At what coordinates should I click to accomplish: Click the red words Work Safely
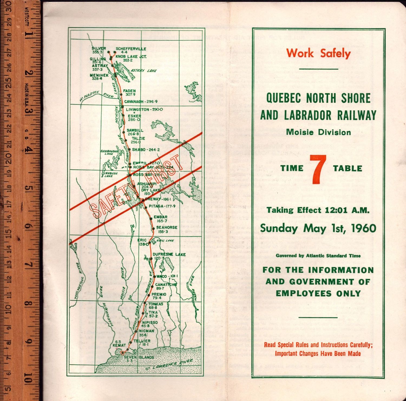[318, 53]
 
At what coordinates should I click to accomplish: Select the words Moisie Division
[318, 132]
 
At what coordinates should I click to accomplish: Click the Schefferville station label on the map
[131, 49]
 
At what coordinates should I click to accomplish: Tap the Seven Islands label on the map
[139, 357]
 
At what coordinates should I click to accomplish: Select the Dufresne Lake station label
[169, 254]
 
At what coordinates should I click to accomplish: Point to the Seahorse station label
[166, 228]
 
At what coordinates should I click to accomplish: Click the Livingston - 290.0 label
[144, 109]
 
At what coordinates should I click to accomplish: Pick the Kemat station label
[119, 345]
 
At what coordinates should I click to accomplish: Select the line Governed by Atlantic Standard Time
[318, 256]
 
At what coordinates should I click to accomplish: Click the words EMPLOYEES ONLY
[318, 293]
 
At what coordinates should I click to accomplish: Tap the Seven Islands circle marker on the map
[122, 352]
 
